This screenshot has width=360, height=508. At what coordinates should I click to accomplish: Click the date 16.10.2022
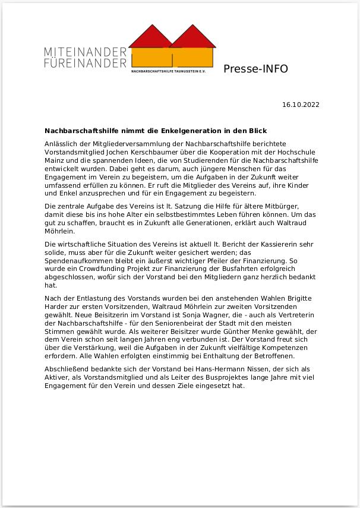301,105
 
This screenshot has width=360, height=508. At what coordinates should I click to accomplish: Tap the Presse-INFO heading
255,69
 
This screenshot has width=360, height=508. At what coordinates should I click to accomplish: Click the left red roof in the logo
147,37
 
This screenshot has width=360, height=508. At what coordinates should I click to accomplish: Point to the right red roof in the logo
192,37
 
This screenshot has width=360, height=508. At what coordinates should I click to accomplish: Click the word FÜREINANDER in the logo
85,62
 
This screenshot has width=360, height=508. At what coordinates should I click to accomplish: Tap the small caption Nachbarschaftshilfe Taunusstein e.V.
172,71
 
